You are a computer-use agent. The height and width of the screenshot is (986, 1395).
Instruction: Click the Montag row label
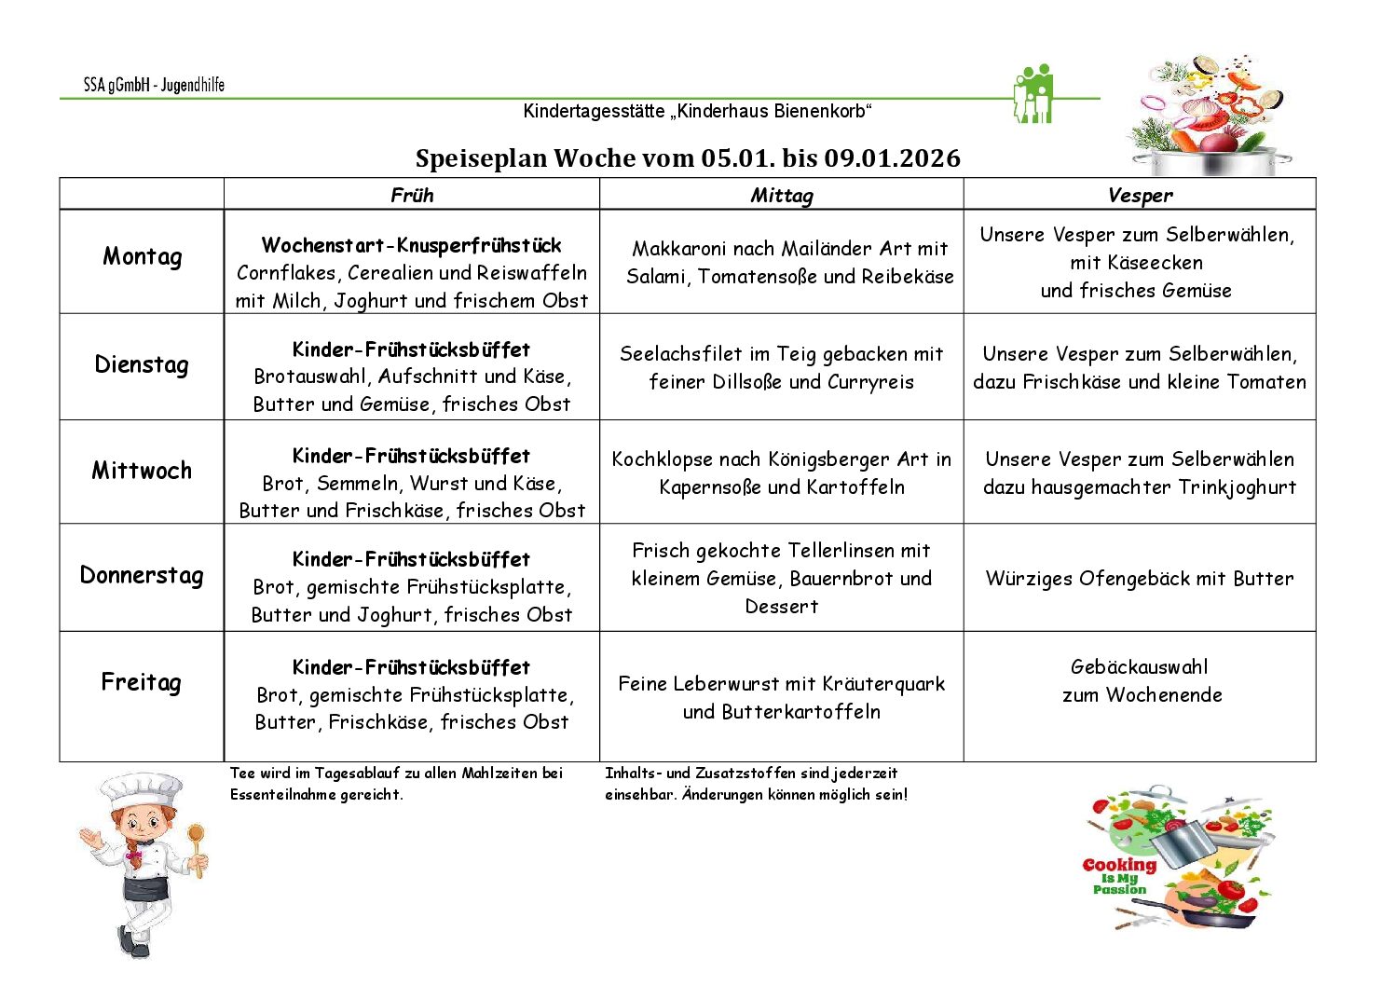[x=142, y=257]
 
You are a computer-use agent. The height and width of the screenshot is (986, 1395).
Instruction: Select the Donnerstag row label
[x=142, y=575]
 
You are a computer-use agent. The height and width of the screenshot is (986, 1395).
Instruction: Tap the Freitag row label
[x=141, y=682]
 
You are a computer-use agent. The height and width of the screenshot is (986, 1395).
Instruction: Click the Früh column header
[x=412, y=195]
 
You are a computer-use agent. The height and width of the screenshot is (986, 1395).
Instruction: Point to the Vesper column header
[x=1140, y=195]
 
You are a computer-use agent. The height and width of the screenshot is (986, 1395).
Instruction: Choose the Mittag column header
[x=781, y=195]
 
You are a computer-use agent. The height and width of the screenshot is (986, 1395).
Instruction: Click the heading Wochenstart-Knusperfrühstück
[x=411, y=245]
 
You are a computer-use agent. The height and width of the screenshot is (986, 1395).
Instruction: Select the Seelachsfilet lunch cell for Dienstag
[x=781, y=367]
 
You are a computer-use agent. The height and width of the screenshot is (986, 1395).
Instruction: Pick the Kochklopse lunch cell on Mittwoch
[x=781, y=472]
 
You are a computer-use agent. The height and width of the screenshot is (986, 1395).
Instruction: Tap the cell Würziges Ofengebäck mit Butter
[x=1140, y=578]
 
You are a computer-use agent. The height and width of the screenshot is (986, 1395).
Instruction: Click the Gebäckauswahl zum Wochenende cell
[x=1141, y=680]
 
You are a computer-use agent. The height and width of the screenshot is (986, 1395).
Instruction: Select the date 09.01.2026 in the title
[x=892, y=158]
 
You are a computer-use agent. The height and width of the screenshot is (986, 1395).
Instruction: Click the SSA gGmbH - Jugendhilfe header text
[x=154, y=85]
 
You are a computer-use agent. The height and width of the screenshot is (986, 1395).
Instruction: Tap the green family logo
[x=1033, y=94]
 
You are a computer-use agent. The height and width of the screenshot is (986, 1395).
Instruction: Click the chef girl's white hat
[x=142, y=790]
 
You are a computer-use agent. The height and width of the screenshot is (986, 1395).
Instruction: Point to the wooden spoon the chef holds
[x=197, y=843]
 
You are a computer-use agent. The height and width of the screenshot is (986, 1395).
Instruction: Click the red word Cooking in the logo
[x=1119, y=865]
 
